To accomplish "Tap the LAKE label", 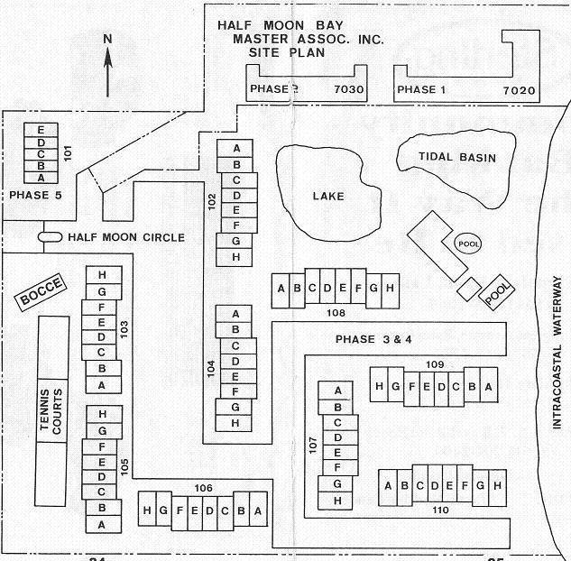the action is click(328, 196).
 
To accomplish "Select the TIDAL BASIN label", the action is click(457, 157).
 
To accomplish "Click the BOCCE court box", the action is click(41, 292).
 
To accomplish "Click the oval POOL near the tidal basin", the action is click(467, 243).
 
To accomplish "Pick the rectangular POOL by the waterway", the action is click(497, 292).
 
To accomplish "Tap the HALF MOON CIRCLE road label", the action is click(126, 237).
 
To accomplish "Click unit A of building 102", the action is click(236, 148).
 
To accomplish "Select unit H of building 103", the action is click(102, 275).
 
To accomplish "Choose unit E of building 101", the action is click(41, 132).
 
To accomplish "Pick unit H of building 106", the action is click(147, 510).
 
